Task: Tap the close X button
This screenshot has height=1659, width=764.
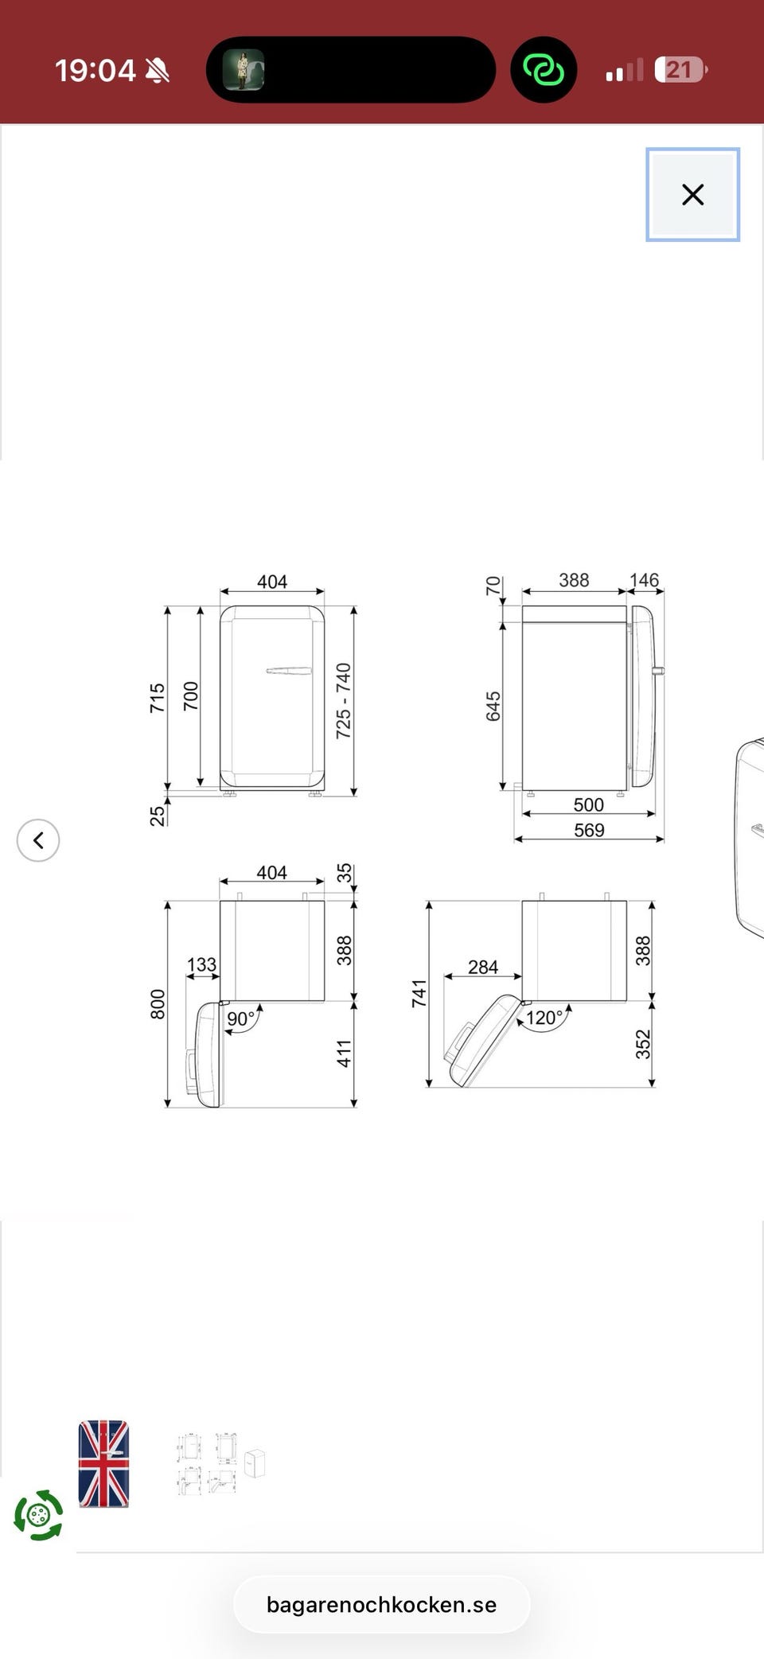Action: coord(692,194)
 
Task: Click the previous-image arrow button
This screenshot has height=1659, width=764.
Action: coord(38,840)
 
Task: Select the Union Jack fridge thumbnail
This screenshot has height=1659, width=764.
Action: coord(103,1464)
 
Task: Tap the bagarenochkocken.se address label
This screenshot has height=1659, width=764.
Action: coord(381,1605)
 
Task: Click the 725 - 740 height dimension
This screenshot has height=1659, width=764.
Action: coord(343,701)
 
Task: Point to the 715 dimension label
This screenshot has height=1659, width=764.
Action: coord(158,698)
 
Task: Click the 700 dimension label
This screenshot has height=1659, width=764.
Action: coord(191,696)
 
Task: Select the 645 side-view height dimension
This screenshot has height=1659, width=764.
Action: coord(493,707)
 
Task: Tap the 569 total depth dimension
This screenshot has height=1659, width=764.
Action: coord(589,831)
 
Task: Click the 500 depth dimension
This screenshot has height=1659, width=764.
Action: coord(589,805)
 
